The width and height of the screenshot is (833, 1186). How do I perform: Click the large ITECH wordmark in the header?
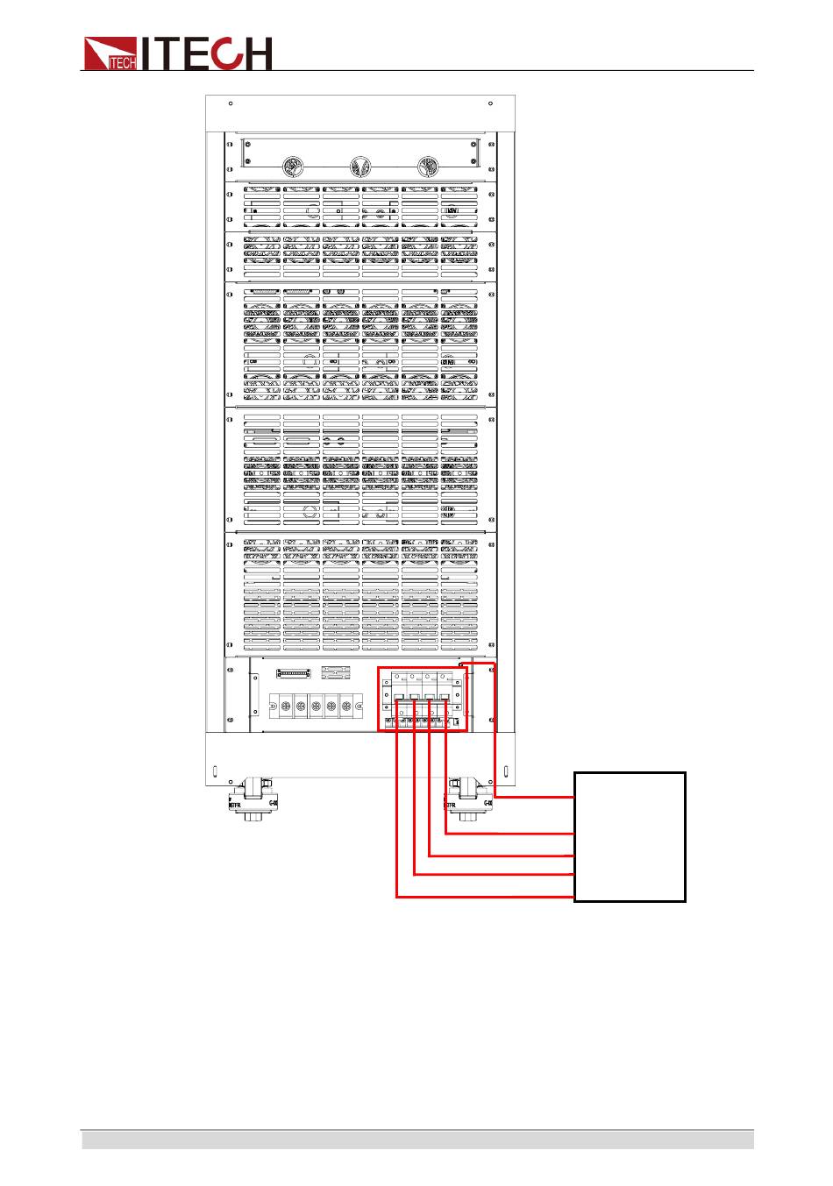(207, 53)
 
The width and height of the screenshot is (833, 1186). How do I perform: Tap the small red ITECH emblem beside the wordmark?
(110, 53)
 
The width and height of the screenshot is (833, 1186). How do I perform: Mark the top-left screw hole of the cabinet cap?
(231, 103)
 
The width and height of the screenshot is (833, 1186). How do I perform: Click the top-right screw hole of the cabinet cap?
(490, 103)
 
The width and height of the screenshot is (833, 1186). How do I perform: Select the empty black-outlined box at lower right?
(630, 836)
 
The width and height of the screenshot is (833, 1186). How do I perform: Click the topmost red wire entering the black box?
(535, 798)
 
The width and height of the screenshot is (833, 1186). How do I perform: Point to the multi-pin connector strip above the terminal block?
(294, 673)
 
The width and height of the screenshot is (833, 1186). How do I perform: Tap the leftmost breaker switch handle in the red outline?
(398, 697)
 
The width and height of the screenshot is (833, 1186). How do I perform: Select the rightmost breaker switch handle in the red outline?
(445, 697)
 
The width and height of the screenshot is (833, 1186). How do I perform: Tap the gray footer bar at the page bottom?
(417, 1140)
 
